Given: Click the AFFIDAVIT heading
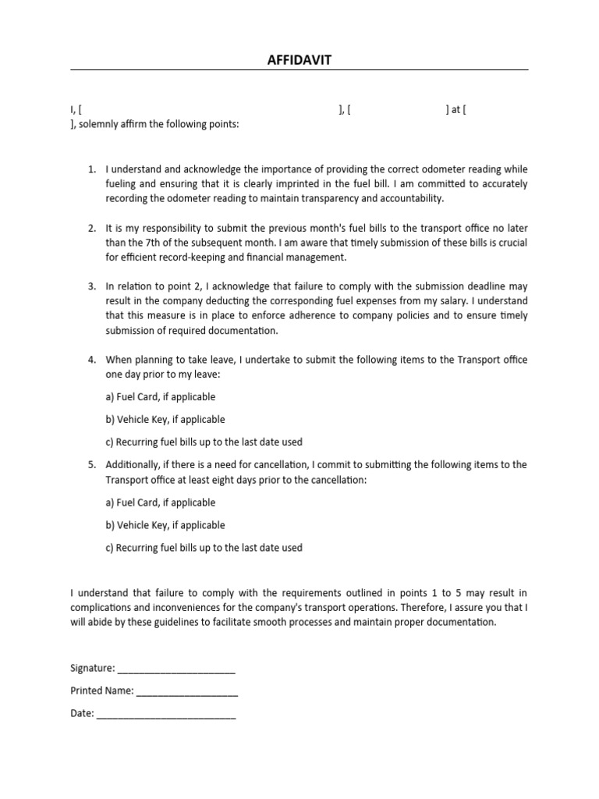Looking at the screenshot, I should click(x=299, y=59).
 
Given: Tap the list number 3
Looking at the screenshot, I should click(x=91, y=286).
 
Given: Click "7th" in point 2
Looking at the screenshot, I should click(x=140, y=243).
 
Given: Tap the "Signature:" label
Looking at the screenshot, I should click(x=93, y=668).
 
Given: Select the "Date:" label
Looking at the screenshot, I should click(x=82, y=713).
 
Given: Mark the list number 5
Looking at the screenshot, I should click(x=91, y=464).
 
